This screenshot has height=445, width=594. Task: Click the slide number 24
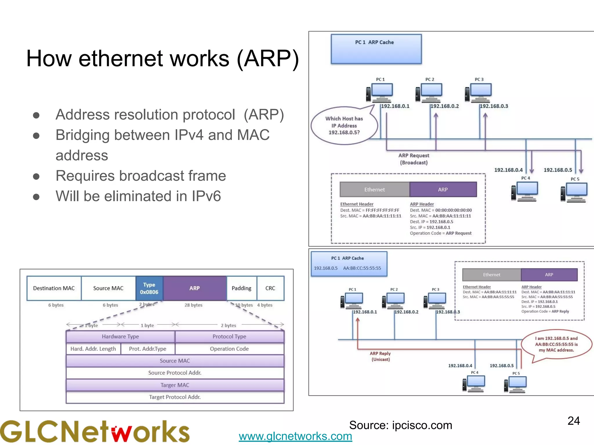tap(573, 421)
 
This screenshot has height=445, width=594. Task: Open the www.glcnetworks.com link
tap(295, 436)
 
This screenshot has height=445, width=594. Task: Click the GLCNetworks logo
tap(95, 432)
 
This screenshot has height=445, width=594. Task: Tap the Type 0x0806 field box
tap(149, 288)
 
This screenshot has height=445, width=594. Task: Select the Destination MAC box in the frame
tap(54, 288)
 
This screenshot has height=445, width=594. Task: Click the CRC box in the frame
tap(270, 288)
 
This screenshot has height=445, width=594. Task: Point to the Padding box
tap(241, 288)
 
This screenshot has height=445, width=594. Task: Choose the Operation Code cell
tap(229, 349)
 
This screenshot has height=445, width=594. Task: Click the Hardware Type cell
tap(120, 337)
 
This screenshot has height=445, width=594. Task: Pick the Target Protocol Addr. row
tap(175, 397)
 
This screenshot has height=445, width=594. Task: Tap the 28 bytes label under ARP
tap(193, 305)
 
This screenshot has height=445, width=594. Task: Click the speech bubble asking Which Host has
tap(344, 126)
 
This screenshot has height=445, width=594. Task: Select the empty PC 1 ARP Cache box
tap(376, 49)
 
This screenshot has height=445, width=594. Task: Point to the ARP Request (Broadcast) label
tap(414, 159)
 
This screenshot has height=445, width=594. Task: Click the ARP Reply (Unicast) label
tap(381, 356)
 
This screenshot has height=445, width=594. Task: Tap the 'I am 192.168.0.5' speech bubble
tap(556, 344)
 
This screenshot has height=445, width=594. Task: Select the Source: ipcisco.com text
tap(401, 425)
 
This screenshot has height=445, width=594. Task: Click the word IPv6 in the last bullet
tap(206, 196)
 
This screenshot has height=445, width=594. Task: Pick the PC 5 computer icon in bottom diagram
tap(516, 384)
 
